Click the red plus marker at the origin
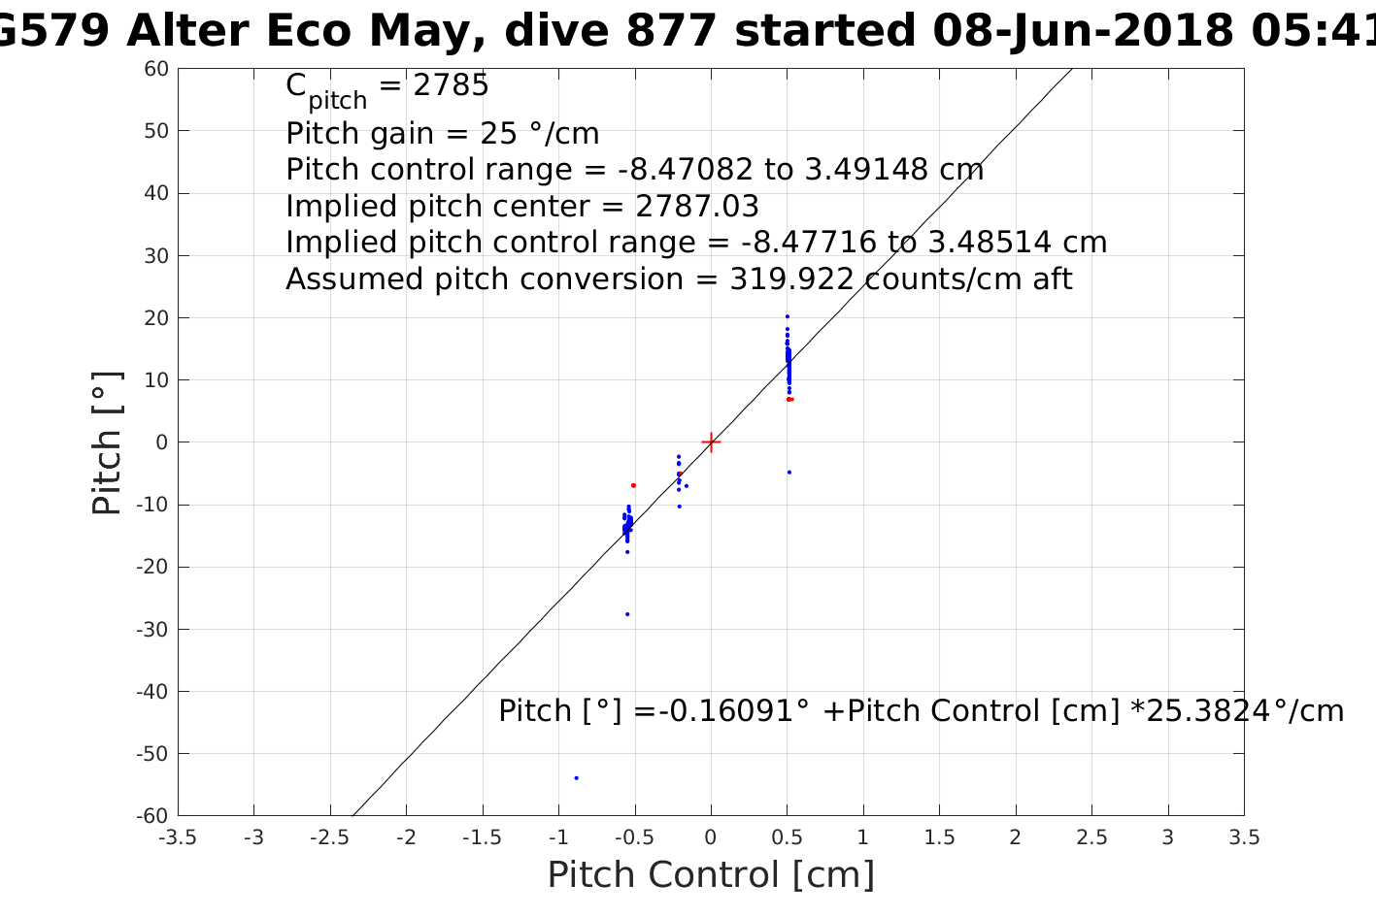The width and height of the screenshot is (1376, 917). pos(711,442)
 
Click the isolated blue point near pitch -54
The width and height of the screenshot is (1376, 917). pos(576,777)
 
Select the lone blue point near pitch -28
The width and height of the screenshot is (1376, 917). pos(627,613)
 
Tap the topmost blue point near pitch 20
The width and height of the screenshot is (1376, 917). pos(787,315)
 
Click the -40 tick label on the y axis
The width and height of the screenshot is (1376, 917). pos(153,692)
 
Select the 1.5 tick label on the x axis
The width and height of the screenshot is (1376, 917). pos(939,836)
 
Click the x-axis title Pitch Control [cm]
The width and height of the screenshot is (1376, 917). pos(711,874)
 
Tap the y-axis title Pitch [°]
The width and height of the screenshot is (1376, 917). pos(107,442)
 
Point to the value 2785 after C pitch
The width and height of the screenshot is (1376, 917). pos(451,86)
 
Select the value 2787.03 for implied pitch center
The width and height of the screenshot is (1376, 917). pos(697,207)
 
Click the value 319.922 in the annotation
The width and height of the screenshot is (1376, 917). pos(791,279)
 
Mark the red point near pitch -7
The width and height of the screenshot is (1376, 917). pos(633,485)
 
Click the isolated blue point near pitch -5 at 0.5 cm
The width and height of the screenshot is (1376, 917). pos(789,473)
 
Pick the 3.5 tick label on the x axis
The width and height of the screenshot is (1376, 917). pos(1244,836)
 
